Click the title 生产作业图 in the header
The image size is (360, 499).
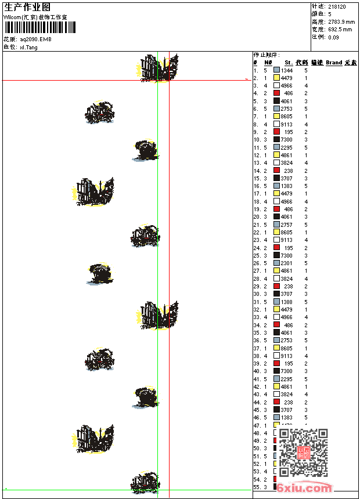[x=27, y=7]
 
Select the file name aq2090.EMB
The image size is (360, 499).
[x=35, y=39]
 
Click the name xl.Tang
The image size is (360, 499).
[x=28, y=47]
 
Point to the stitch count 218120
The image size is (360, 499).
[x=337, y=7]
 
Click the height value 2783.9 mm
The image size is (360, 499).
[x=340, y=22]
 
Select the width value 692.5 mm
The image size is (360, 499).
[x=340, y=30]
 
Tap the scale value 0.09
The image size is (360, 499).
[x=333, y=37]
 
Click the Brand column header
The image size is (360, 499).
[x=334, y=63]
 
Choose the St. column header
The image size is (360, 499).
[x=289, y=63]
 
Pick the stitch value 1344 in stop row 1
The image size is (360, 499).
[x=287, y=70]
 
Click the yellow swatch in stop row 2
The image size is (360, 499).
[x=277, y=78]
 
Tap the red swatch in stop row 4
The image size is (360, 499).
[x=277, y=93]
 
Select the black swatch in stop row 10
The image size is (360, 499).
[x=277, y=140]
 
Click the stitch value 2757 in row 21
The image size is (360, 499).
[x=287, y=225]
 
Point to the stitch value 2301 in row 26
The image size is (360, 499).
[x=287, y=263]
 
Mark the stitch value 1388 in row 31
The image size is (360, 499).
[x=287, y=302]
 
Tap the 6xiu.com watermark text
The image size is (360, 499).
[x=304, y=488]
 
